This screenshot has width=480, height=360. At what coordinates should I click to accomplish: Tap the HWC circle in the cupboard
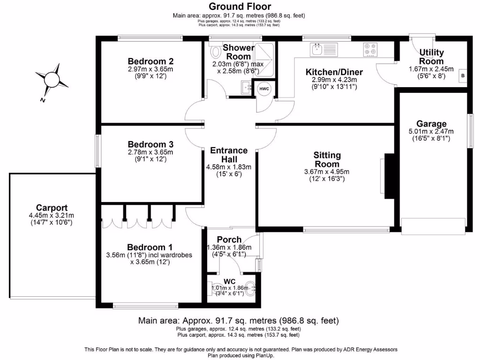click(264, 89)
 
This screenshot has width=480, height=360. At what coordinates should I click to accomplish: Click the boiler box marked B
click(462, 75)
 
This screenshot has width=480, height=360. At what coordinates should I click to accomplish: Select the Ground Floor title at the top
click(240, 6)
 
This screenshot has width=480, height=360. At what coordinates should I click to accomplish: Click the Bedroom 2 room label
click(151, 61)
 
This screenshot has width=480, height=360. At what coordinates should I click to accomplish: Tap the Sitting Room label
click(327, 159)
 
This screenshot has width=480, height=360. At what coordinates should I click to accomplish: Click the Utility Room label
click(431, 57)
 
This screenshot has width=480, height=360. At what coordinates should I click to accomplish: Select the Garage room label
click(431, 124)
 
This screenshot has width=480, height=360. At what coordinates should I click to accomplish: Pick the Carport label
click(52, 208)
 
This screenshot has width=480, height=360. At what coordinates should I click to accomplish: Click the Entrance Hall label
click(229, 155)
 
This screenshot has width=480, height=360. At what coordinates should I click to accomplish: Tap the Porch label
click(229, 240)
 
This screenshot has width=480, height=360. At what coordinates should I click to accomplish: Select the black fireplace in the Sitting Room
click(388, 176)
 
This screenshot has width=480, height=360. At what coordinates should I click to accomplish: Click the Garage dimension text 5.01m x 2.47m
click(431, 132)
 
